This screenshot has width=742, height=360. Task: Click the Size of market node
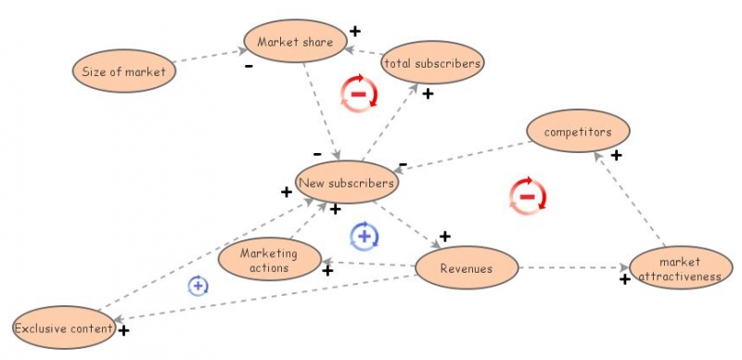[x=123, y=71]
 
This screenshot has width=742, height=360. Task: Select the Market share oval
[x=295, y=42]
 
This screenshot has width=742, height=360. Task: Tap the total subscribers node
[x=432, y=63]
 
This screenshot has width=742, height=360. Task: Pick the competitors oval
[x=578, y=132]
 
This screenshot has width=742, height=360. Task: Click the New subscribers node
[x=347, y=183]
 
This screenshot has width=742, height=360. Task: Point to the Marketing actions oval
[x=269, y=260]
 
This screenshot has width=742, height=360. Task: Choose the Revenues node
[x=466, y=268]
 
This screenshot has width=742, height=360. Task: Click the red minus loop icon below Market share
[x=359, y=94]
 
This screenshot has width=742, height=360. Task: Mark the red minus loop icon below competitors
[x=527, y=196]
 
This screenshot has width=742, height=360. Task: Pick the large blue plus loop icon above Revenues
[x=365, y=237]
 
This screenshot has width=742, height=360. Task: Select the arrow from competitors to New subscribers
[x=464, y=156]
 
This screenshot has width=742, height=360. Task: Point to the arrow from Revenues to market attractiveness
[x=570, y=268]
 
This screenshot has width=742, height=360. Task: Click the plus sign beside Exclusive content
[x=123, y=329]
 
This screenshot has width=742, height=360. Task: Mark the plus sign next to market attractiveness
[x=625, y=278]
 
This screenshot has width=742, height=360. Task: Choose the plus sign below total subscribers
[x=428, y=94]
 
